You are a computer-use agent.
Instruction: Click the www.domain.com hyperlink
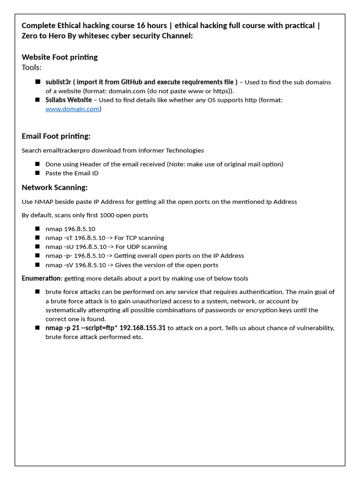72,109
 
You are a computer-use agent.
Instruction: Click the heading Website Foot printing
60,57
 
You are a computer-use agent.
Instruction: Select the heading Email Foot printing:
56,136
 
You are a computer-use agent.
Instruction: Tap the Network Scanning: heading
54,187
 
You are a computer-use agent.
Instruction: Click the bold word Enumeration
41,278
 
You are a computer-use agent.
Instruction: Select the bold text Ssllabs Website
68,100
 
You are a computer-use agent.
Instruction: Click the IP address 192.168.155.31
142,328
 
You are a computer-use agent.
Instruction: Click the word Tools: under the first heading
31,67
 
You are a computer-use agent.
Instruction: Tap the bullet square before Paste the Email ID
37,173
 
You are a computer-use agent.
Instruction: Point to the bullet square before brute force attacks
37,292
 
